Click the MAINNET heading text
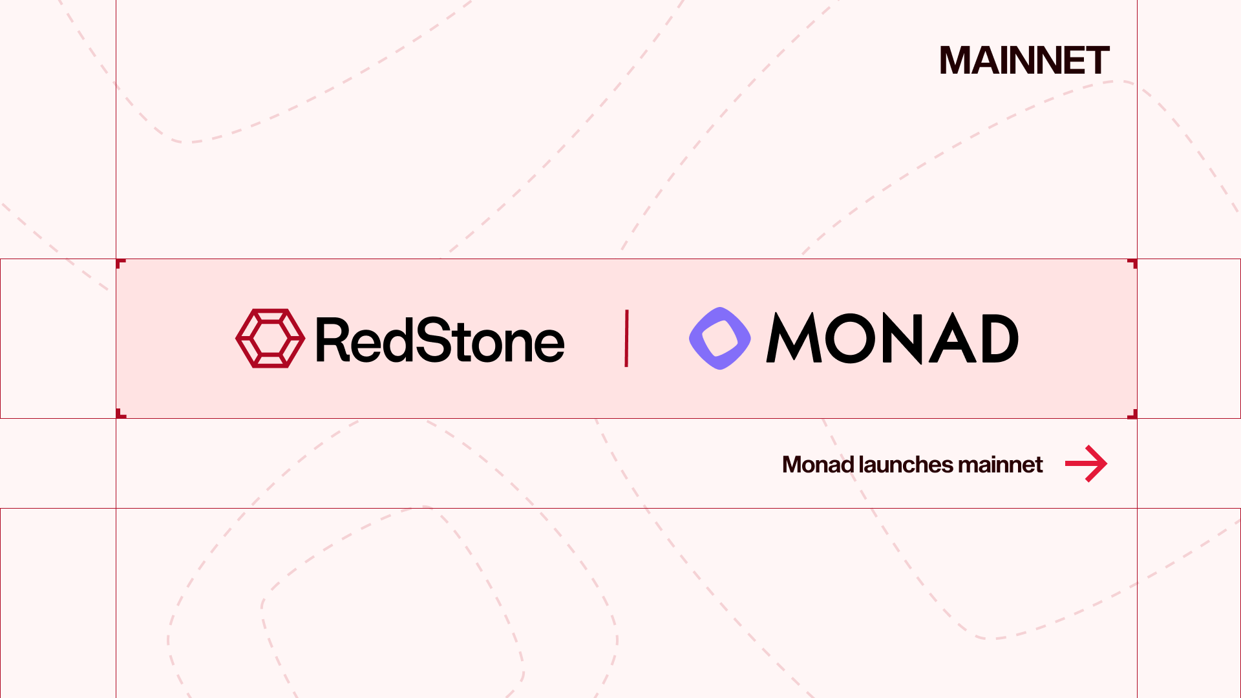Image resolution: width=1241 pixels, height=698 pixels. click(1024, 61)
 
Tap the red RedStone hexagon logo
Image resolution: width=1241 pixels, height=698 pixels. click(270, 338)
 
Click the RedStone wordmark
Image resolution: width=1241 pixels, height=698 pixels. click(440, 340)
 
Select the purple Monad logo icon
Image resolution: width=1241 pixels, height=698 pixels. click(719, 338)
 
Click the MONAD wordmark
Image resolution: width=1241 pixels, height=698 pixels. click(892, 339)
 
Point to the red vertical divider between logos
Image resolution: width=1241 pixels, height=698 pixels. click(626, 339)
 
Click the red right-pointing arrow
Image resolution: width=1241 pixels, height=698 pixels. click(1086, 463)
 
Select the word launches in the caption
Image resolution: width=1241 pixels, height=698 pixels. click(906, 465)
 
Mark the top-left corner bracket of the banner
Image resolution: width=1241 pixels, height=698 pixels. click(120, 263)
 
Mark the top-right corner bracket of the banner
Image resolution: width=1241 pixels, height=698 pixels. click(1132, 263)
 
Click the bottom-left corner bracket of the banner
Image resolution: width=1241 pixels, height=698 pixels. click(120, 414)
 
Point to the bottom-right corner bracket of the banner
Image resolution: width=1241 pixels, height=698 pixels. click(1132, 414)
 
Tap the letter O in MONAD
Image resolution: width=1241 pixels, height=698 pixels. click(851, 338)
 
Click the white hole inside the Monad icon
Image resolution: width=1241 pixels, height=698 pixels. click(719, 339)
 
